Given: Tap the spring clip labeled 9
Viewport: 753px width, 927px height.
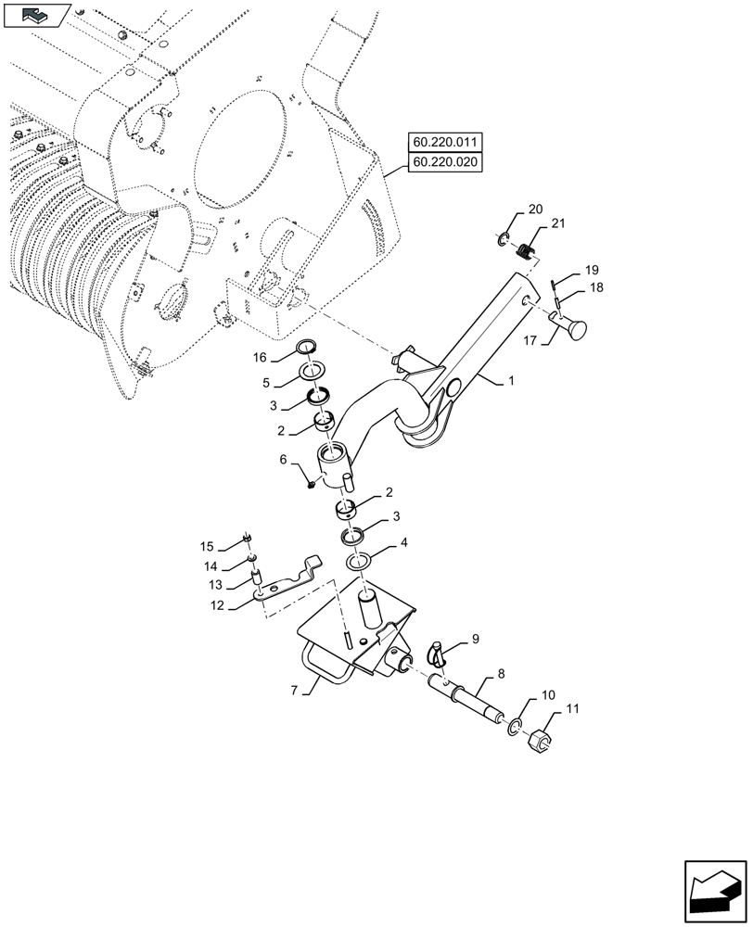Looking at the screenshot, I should [x=440, y=653].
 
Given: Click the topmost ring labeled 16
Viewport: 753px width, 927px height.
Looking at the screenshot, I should [x=306, y=349].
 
